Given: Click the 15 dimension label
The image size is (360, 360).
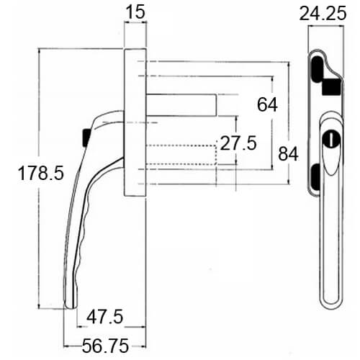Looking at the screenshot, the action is tap(135, 12).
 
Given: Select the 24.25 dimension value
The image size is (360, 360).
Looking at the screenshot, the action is tap(323, 14).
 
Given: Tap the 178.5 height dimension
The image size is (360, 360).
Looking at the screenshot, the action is tap(41, 173).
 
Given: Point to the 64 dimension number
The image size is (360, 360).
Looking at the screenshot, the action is tap(267, 104).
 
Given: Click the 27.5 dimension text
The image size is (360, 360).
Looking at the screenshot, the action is tap(238, 143).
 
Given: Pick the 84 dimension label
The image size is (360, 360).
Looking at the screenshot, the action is tap(288, 154).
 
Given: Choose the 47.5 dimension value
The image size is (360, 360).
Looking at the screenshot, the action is tap(105, 317).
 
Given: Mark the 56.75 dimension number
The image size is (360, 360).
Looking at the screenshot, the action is tap(105, 346).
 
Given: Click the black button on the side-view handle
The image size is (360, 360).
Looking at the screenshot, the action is tap(86, 138).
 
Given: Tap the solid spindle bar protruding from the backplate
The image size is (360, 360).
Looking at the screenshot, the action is tap(181, 105).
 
